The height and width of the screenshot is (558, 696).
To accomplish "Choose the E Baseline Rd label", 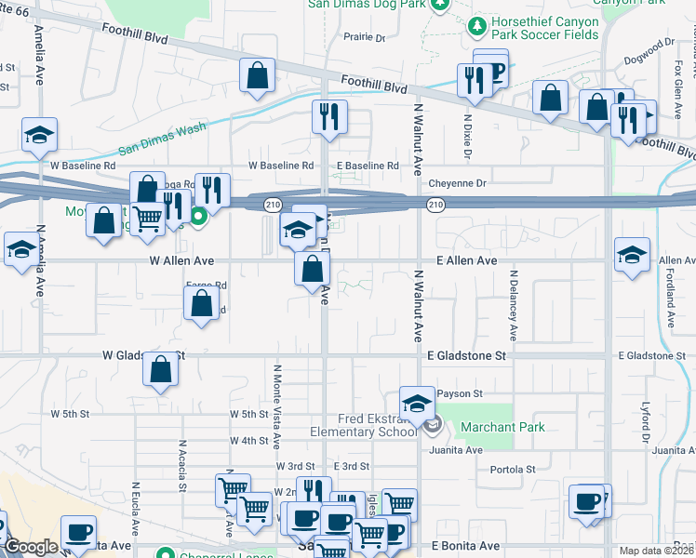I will click(x=368, y=166).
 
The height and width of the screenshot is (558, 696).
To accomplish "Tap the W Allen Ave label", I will click(x=181, y=261).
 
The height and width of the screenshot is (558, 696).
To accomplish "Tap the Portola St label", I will click(x=513, y=470).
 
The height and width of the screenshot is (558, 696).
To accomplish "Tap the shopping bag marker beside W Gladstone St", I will click(x=162, y=368).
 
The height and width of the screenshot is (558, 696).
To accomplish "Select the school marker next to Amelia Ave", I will click(x=40, y=135).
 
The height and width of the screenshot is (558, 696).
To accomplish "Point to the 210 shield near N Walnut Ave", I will click(x=435, y=204).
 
